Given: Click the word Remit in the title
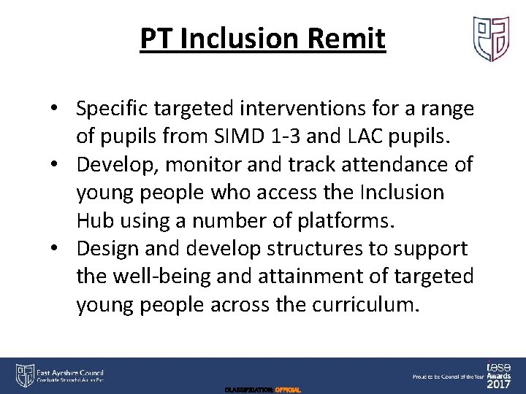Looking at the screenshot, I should point(349,39).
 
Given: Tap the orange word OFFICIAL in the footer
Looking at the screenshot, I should point(286,390).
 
